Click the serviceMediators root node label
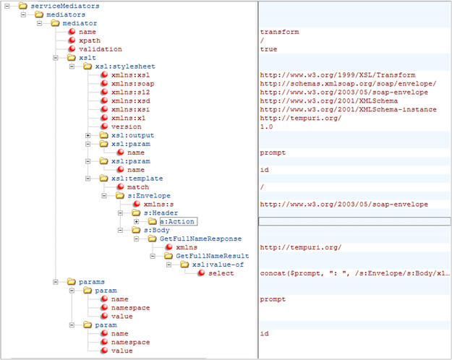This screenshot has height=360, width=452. [x=65, y=6]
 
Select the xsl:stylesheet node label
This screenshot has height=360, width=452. [x=125, y=67]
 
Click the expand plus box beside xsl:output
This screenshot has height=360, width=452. [x=88, y=135]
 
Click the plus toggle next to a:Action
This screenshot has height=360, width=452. [x=137, y=222]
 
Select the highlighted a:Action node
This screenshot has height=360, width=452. [x=179, y=221]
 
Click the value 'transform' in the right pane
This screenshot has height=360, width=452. [x=279, y=32]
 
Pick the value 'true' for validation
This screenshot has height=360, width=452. [x=268, y=49]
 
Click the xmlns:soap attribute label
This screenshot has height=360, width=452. [x=132, y=84]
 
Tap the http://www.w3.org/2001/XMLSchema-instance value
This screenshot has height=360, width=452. [x=349, y=110]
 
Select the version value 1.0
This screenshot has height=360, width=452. [x=266, y=127]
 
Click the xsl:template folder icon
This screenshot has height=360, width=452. [x=103, y=179]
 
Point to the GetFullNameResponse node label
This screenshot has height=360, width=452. [x=200, y=239]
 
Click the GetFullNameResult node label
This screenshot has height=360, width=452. [x=213, y=256]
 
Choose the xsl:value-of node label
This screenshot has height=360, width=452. [x=218, y=265]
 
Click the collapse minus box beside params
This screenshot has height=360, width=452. [x=56, y=282]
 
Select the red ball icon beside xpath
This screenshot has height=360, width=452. [x=72, y=40]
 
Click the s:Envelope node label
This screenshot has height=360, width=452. [x=149, y=196]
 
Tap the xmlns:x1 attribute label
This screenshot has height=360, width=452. [x=128, y=118]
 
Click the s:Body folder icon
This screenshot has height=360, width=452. [x=136, y=230]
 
